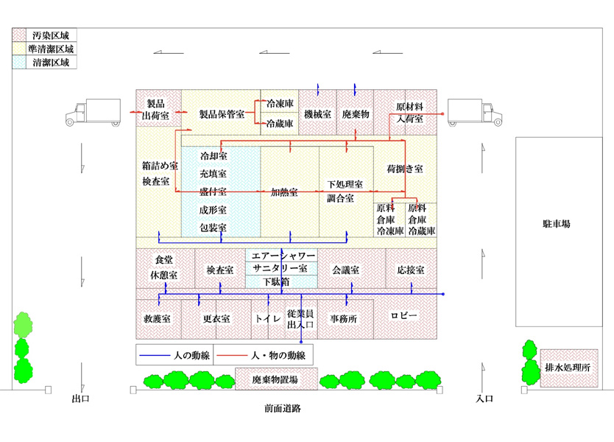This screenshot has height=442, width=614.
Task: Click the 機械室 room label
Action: click(317, 115)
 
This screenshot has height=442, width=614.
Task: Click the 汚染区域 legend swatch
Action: click(19, 35)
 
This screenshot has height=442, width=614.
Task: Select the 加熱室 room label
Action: click(284, 192)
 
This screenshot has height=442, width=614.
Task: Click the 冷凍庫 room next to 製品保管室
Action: click(280, 105)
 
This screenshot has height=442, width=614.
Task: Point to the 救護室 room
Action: click(158, 319)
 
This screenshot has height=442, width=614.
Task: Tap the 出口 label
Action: click(80, 399)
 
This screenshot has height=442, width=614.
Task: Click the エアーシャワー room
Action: click(283, 255)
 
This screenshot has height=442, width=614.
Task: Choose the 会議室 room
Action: click(345, 270)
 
